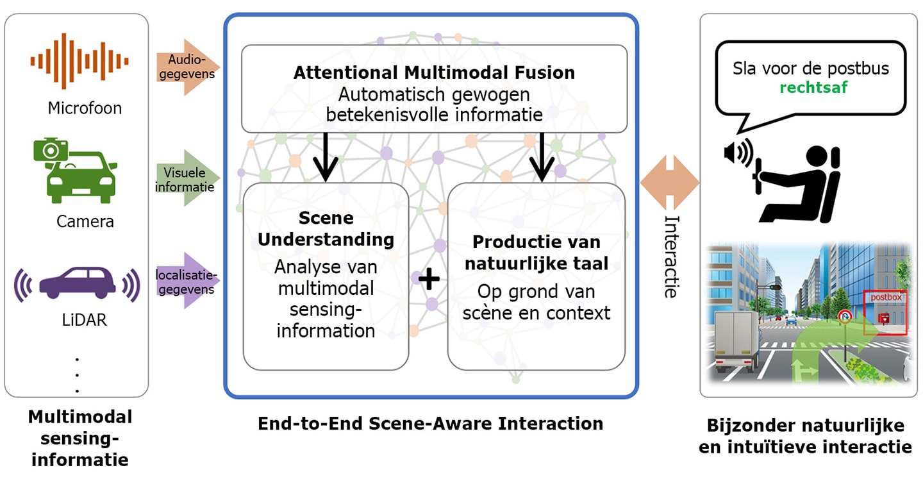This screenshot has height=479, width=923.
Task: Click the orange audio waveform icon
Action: pyautogui.click(x=79, y=61)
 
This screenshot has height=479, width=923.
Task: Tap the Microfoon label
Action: pyautogui.click(x=85, y=108)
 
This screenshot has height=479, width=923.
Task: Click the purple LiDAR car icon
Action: pyautogui.click(x=77, y=283)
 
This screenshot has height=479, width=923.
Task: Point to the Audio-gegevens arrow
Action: pyautogui.click(x=188, y=67)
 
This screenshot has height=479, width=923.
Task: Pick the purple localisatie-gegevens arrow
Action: pyautogui.click(x=188, y=281)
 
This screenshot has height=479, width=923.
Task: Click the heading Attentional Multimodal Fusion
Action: pyautogui.click(x=435, y=72)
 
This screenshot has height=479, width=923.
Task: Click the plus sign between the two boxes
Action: pyautogui.click(x=429, y=279)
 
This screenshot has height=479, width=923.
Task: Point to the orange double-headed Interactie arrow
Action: pyautogui.click(x=670, y=182)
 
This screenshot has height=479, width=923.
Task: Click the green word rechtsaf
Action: pyautogui.click(x=813, y=87)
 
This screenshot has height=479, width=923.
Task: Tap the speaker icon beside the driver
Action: pyautogui.click(x=738, y=153)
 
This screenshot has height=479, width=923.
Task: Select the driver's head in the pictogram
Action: pyautogui.click(x=817, y=157)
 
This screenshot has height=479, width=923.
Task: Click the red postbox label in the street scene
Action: pyautogui.click(x=886, y=298)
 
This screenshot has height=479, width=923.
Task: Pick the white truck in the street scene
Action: pyautogui.click(x=736, y=339)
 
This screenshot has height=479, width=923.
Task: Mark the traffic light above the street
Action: pyautogui.click(x=776, y=287)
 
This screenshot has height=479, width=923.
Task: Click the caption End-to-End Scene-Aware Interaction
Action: pyautogui.click(x=431, y=423)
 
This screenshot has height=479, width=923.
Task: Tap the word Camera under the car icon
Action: pyautogui.click(x=85, y=221)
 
